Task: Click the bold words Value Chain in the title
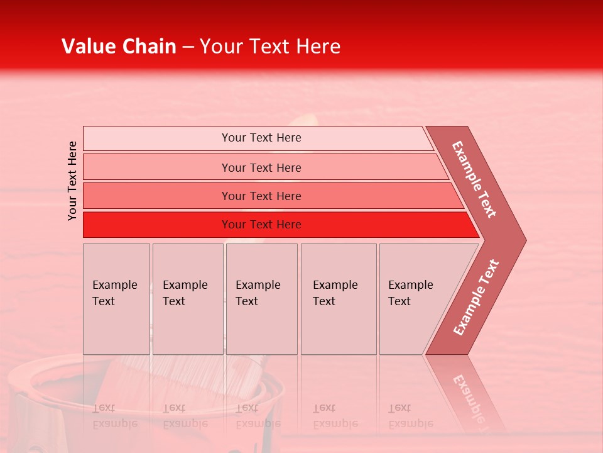click(119, 47)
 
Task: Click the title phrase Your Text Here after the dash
click(270, 47)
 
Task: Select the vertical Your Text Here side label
click(72, 181)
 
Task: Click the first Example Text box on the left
click(116, 299)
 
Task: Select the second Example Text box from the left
click(187, 299)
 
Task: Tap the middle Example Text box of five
click(261, 299)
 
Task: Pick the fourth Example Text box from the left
click(338, 299)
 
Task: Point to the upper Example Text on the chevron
click(474, 179)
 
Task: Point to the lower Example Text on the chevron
click(475, 297)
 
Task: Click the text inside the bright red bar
click(261, 225)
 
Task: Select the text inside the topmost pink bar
click(261, 138)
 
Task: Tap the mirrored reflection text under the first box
click(114, 416)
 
